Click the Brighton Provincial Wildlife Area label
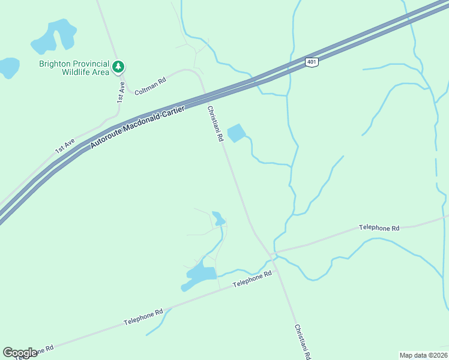click(x=74, y=68)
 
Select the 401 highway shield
click(x=310, y=62)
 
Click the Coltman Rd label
click(x=150, y=86)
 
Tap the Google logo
click(x=20, y=353)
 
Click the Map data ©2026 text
click(x=423, y=355)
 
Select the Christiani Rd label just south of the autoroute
click(x=215, y=124)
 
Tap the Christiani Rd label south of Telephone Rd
click(x=303, y=342)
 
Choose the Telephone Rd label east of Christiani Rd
click(x=379, y=228)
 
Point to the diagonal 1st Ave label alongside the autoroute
click(x=65, y=146)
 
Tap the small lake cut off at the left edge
click(x=8, y=67)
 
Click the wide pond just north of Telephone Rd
click(x=200, y=275)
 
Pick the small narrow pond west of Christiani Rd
click(x=218, y=218)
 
